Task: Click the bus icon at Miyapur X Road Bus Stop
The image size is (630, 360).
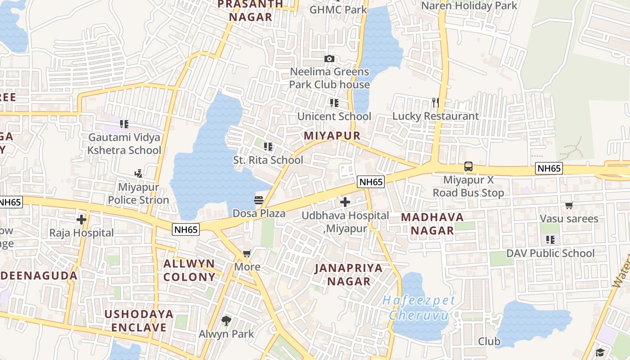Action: click(468, 166)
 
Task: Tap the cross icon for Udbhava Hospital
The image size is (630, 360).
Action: click(345, 202)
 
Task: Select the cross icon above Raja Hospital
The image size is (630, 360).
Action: click(81, 220)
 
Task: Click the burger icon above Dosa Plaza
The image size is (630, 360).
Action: click(259, 200)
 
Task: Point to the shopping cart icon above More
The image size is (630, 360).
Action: click(247, 254)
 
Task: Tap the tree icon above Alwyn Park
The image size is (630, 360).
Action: click(226, 321)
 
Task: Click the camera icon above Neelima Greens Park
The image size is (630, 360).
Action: click(329, 58)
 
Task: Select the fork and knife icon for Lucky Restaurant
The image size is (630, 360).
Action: click(435, 103)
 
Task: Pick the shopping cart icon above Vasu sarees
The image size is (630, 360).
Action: click(569, 206)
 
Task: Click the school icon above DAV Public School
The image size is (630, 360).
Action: click(550, 240)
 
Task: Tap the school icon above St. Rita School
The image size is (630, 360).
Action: click(268, 147)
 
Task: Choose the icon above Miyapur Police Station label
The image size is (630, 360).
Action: click(138, 173)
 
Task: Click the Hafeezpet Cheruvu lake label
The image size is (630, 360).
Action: click(419, 307)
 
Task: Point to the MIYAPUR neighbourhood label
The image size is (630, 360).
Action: click(332, 136)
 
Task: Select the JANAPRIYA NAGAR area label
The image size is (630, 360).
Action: click(349, 274)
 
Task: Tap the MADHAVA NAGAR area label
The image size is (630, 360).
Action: click(432, 224)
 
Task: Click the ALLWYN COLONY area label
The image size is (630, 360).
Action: click(189, 270)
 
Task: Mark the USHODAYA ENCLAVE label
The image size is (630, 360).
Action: click(139, 320)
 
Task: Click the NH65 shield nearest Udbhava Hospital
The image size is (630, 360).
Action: click(371, 182)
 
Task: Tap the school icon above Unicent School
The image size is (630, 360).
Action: click(334, 103)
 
